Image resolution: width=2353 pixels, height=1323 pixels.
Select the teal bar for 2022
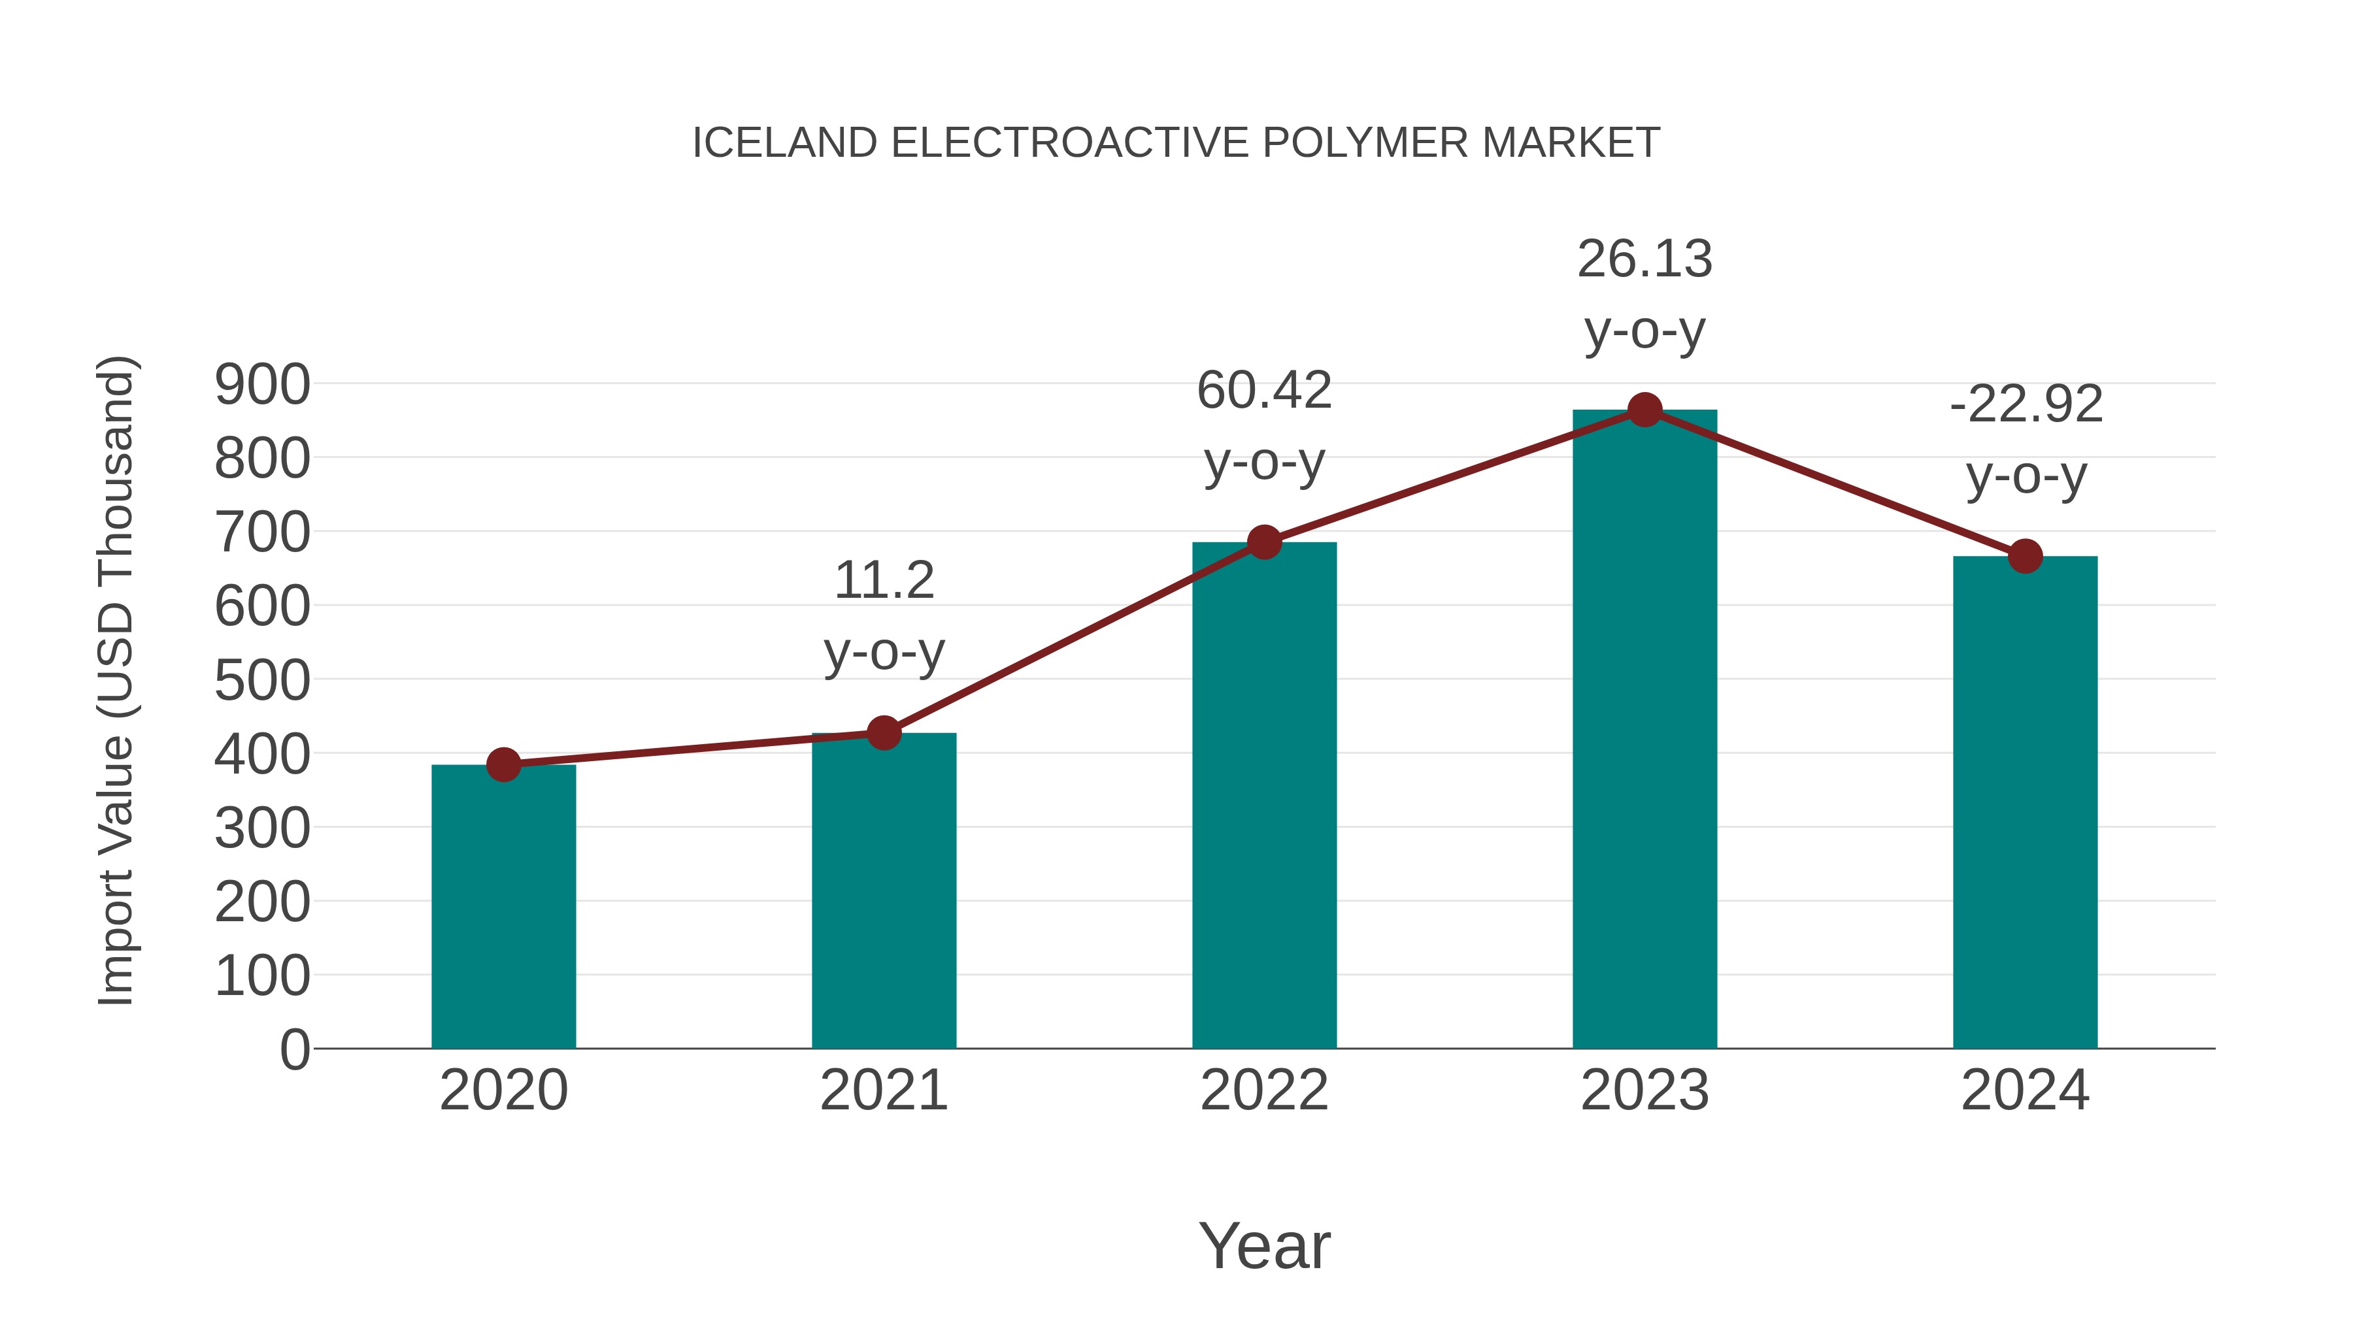[x=1264, y=794]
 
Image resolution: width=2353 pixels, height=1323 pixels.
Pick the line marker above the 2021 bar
[x=883, y=732]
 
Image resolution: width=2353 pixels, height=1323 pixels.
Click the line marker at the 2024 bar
[x=2025, y=555]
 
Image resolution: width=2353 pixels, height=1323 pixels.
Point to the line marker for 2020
[x=503, y=764]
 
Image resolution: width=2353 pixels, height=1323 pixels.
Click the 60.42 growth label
[x=1264, y=391]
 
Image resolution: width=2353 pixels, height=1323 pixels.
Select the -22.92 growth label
[x=2025, y=404]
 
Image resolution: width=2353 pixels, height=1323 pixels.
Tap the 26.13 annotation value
[x=1644, y=259]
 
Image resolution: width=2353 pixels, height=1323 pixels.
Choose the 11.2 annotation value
[x=883, y=581]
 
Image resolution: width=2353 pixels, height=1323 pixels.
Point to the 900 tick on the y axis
[x=262, y=384]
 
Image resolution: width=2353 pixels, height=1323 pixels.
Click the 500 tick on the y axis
[x=262, y=680]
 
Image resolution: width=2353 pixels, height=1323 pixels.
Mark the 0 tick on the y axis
[x=294, y=1049]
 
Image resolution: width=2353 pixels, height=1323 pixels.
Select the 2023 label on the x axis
[x=1644, y=1090]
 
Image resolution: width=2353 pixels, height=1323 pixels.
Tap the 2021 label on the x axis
[x=883, y=1090]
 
